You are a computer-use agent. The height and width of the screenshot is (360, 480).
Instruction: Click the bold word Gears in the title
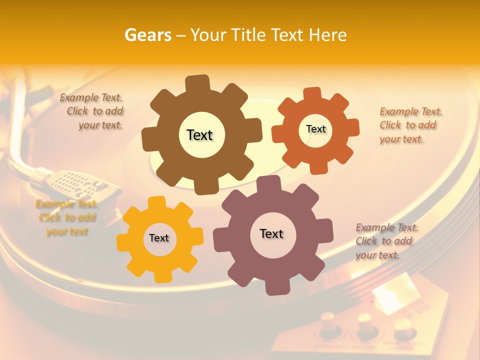pyautogui.click(x=147, y=35)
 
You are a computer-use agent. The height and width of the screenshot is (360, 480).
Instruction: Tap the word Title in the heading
pyautogui.click(x=248, y=35)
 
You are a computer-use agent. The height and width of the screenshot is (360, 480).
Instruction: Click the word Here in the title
pyautogui.click(x=328, y=35)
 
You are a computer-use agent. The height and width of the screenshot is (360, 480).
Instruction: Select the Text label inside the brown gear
pyautogui.click(x=199, y=135)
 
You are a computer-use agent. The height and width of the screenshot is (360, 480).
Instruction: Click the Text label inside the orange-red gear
pyautogui.click(x=315, y=129)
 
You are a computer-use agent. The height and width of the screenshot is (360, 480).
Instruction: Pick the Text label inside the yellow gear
pyautogui.click(x=159, y=238)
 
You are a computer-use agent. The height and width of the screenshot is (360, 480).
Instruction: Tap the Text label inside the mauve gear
pyautogui.click(x=271, y=233)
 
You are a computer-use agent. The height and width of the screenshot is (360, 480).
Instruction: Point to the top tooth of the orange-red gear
pyautogui.click(x=312, y=94)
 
